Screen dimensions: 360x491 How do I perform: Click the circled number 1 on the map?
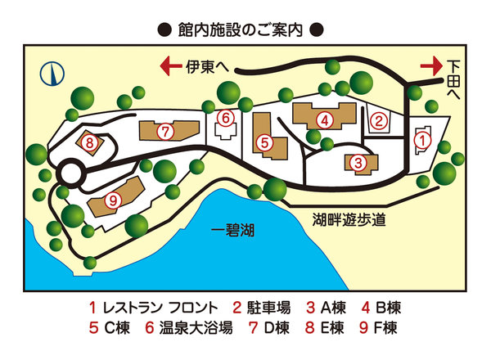(x=422, y=140)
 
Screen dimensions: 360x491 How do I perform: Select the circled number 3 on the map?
(x=358, y=163)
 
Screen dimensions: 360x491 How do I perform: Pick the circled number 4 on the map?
(x=326, y=120)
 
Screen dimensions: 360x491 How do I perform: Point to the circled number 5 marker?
(x=264, y=142)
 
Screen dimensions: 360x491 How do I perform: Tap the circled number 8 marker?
(x=88, y=144)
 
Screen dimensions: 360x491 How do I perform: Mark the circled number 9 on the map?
(x=114, y=199)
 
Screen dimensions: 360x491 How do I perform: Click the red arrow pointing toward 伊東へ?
(x=170, y=65)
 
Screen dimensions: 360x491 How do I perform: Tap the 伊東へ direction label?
(x=208, y=65)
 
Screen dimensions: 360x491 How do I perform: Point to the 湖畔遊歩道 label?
(x=349, y=218)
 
